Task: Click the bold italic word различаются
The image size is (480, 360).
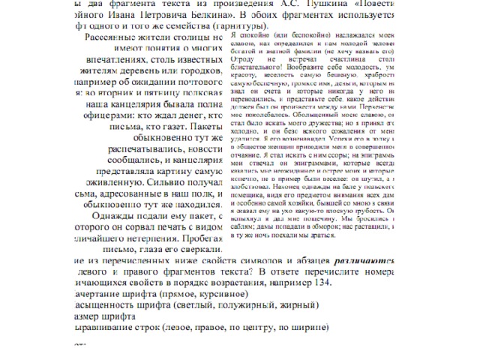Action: [367, 259]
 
